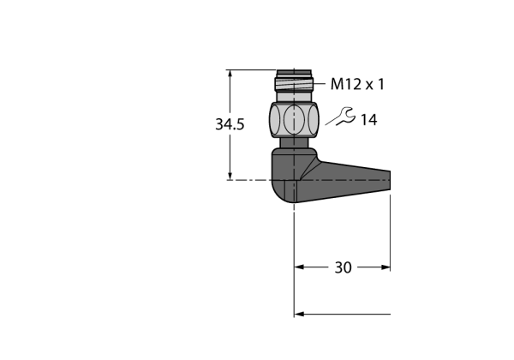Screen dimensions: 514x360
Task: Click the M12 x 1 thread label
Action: point(357,84)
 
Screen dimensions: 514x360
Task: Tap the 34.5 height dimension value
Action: point(230,124)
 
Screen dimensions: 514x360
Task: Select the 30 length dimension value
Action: point(343,267)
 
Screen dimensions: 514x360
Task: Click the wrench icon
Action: point(345,117)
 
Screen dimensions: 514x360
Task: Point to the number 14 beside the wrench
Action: point(368,120)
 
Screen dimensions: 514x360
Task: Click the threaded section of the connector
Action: point(294,84)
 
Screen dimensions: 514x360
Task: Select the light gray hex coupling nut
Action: point(294,119)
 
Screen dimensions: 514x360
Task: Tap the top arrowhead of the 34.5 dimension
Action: point(230,74)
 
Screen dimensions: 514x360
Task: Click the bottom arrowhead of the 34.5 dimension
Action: point(230,176)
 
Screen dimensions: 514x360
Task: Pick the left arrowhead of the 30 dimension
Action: point(299,267)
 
